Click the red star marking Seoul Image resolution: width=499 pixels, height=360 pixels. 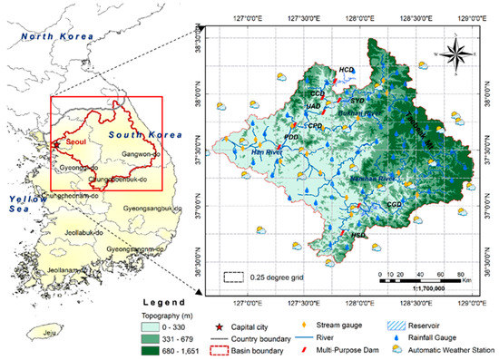(56, 143)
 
